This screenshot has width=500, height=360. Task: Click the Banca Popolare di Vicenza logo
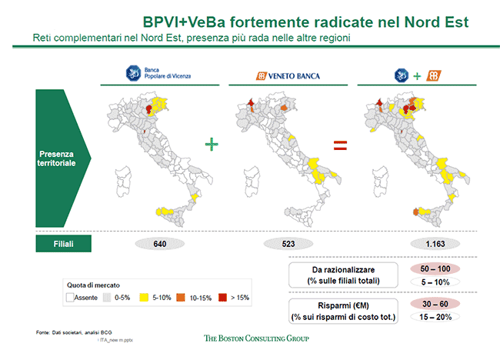pos(157,75)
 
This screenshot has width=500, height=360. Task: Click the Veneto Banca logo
pos(288,75)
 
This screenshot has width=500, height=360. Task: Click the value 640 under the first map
pos(160,244)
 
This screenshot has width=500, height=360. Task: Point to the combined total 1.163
pos(418,244)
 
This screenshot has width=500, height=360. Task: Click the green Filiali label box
pos(64,244)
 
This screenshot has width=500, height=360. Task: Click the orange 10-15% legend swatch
pos(181,296)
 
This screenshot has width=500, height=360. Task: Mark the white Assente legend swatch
pos(70,296)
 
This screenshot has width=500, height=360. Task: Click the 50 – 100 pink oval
pos(429,268)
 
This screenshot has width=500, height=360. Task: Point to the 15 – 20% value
pos(429,317)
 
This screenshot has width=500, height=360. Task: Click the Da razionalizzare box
pos(343,275)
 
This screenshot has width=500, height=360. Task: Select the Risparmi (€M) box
pos(343,310)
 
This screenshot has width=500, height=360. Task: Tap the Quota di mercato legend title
pos(93,284)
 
